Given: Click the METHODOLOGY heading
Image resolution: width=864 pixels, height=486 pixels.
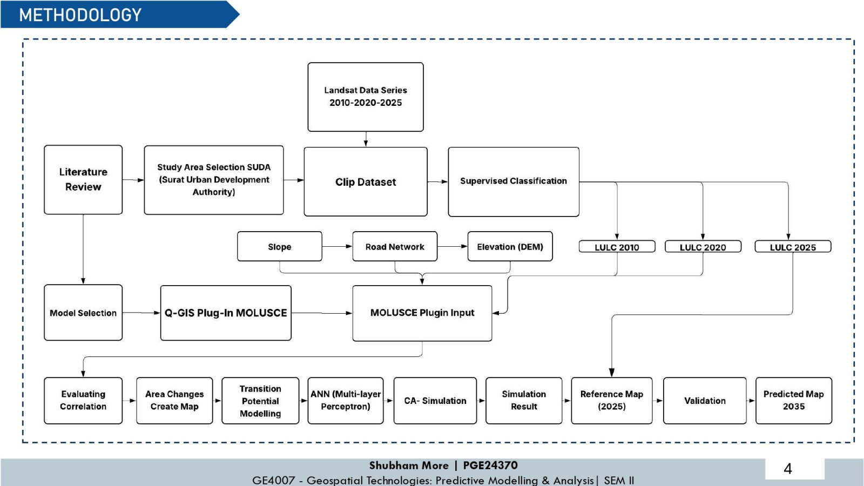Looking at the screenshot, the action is (x=80, y=15).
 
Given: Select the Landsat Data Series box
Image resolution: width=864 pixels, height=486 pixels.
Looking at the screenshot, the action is (x=365, y=97).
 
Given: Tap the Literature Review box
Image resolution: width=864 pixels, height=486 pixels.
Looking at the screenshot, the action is (x=83, y=180).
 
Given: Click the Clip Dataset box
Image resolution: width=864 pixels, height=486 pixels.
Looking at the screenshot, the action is (x=365, y=181).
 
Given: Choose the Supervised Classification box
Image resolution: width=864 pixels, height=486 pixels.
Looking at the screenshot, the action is (x=514, y=181).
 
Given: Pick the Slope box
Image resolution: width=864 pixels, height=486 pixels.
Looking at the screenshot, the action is (x=280, y=246).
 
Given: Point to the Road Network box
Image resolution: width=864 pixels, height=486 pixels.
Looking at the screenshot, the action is (x=395, y=246).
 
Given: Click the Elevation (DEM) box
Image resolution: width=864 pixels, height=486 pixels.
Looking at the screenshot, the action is (x=510, y=246).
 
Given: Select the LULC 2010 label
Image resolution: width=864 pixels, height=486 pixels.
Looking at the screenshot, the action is (x=617, y=247).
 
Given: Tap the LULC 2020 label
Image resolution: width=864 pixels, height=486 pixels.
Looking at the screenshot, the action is (x=703, y=247).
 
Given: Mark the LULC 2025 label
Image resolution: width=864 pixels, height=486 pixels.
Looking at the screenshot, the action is (x=793, y=247).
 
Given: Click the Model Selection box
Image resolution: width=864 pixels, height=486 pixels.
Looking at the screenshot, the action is (x=83, y=313).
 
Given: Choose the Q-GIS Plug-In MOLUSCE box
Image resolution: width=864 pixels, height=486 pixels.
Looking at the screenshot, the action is (x=226, y=313).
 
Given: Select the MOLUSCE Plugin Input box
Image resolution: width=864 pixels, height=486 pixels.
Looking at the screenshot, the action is (x=422, y=313).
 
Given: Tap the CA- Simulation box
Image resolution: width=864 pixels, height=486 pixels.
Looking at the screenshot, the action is (x=435, y=401).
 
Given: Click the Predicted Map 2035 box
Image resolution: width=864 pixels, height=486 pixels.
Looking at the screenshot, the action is (x=793, y=401).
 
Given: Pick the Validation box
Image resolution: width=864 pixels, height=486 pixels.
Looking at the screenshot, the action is (x=705, y=401).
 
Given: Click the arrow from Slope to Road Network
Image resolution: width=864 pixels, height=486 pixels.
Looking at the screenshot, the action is (x=337, y=246).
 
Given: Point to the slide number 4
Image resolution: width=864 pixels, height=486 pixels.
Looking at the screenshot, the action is (x=788, y=469).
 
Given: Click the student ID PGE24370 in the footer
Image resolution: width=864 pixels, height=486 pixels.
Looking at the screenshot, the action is (x=490, y=465).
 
